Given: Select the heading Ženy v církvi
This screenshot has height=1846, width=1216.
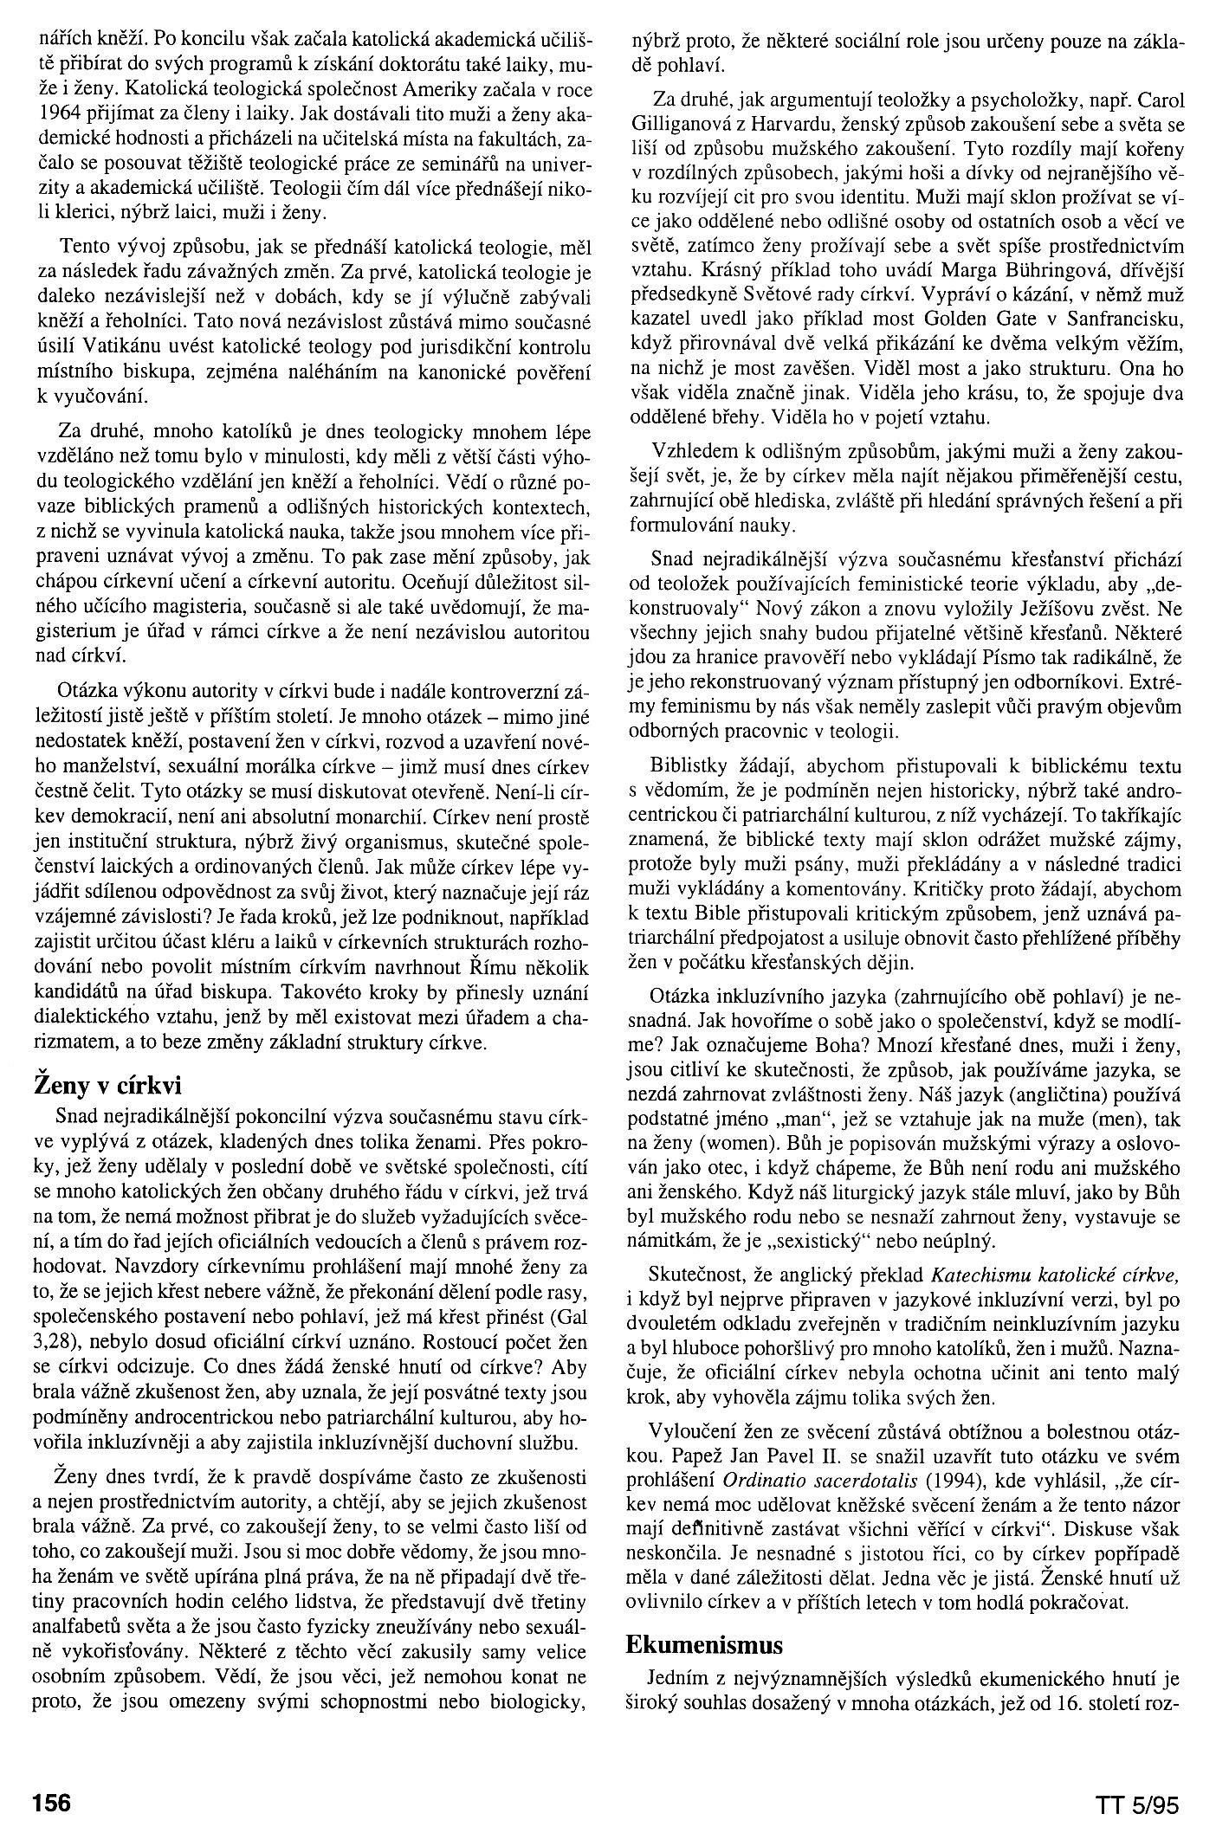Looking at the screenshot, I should click(107, 1084).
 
